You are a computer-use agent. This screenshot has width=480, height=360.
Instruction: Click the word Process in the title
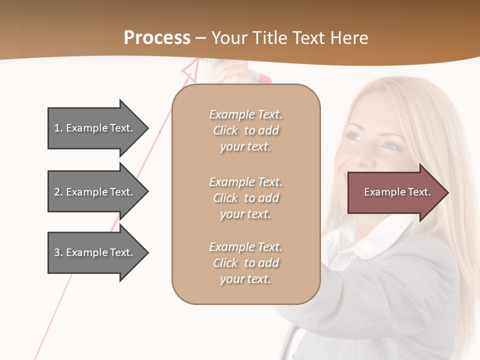(157, 38)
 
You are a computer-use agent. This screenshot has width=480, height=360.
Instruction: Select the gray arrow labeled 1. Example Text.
(95, 128)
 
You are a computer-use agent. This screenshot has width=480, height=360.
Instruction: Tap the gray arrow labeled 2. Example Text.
(95, 192)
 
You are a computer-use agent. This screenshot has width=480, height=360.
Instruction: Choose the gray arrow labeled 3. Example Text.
(95, 252)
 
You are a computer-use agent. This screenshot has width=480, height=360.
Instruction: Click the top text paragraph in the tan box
(245, 130)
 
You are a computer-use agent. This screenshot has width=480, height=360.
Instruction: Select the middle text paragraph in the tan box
(245, 198)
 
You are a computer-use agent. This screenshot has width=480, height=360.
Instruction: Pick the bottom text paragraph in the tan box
(245, 263)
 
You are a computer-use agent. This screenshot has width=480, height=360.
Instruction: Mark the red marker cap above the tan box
(263, 77)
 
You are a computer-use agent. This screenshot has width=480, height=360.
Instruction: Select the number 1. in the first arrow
(58, 128)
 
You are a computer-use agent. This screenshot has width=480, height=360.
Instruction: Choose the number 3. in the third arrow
(58, 252)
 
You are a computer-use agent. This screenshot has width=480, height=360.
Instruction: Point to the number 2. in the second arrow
(58, 192)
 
